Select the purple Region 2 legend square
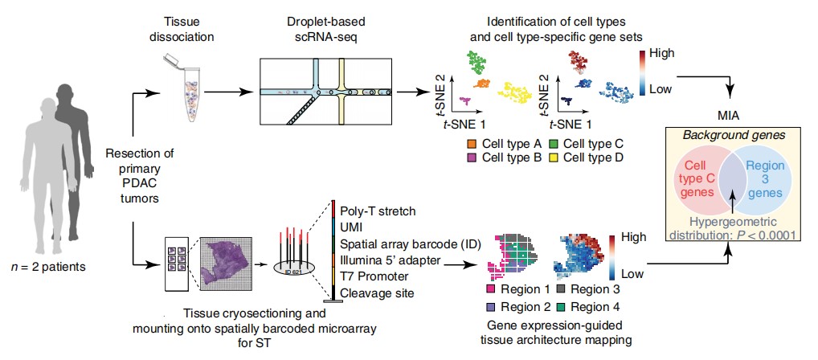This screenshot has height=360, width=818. pyautogui.click(x=490, y=306)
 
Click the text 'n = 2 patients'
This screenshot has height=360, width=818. pyautogui.click(x=48, y=268)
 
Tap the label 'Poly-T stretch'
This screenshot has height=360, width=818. pyautogui.click(x=378, y=211)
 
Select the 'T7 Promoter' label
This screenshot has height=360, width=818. pyautogui.click(x=371, y=276)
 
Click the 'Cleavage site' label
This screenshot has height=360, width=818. pyautogui.click(x=377, y=292)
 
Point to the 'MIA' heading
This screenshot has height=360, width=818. pyautogui.click(x=730, y=113)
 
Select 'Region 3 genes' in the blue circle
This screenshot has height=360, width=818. pyautogui.click(x=765, y=178)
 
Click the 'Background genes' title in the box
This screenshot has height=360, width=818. pyautogui.click(x=730, y=136)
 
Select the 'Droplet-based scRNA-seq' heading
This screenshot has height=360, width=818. pyautogui.click(x=326, y=29)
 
